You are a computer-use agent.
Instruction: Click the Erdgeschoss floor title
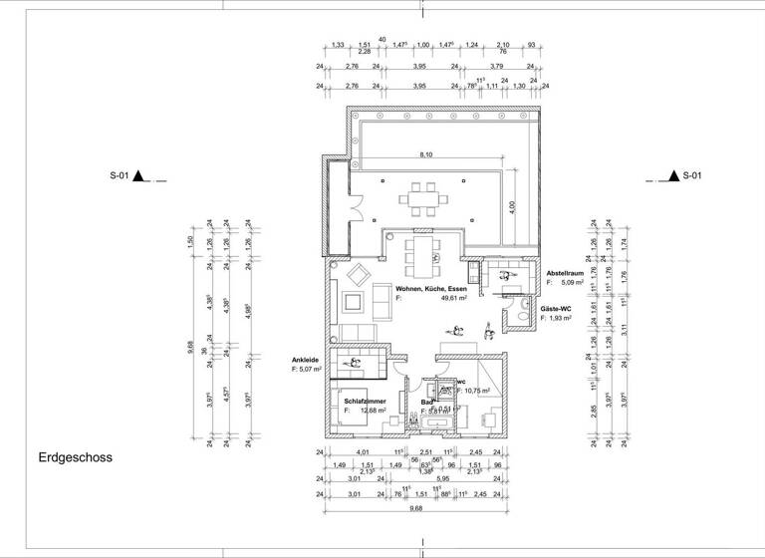point(75,459)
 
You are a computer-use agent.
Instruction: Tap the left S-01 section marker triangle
point(141,177)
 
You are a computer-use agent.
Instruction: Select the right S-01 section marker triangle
point(674,177)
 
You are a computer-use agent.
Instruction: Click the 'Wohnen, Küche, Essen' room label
point(431,288)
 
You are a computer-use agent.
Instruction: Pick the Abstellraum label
point(567,273)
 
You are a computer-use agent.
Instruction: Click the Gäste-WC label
point(557,309)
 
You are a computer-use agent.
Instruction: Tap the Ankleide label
point(305,360)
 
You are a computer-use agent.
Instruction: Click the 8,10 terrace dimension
point(425,155)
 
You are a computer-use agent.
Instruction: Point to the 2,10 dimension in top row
point(503,46)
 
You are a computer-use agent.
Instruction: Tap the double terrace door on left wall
point(353,209)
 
